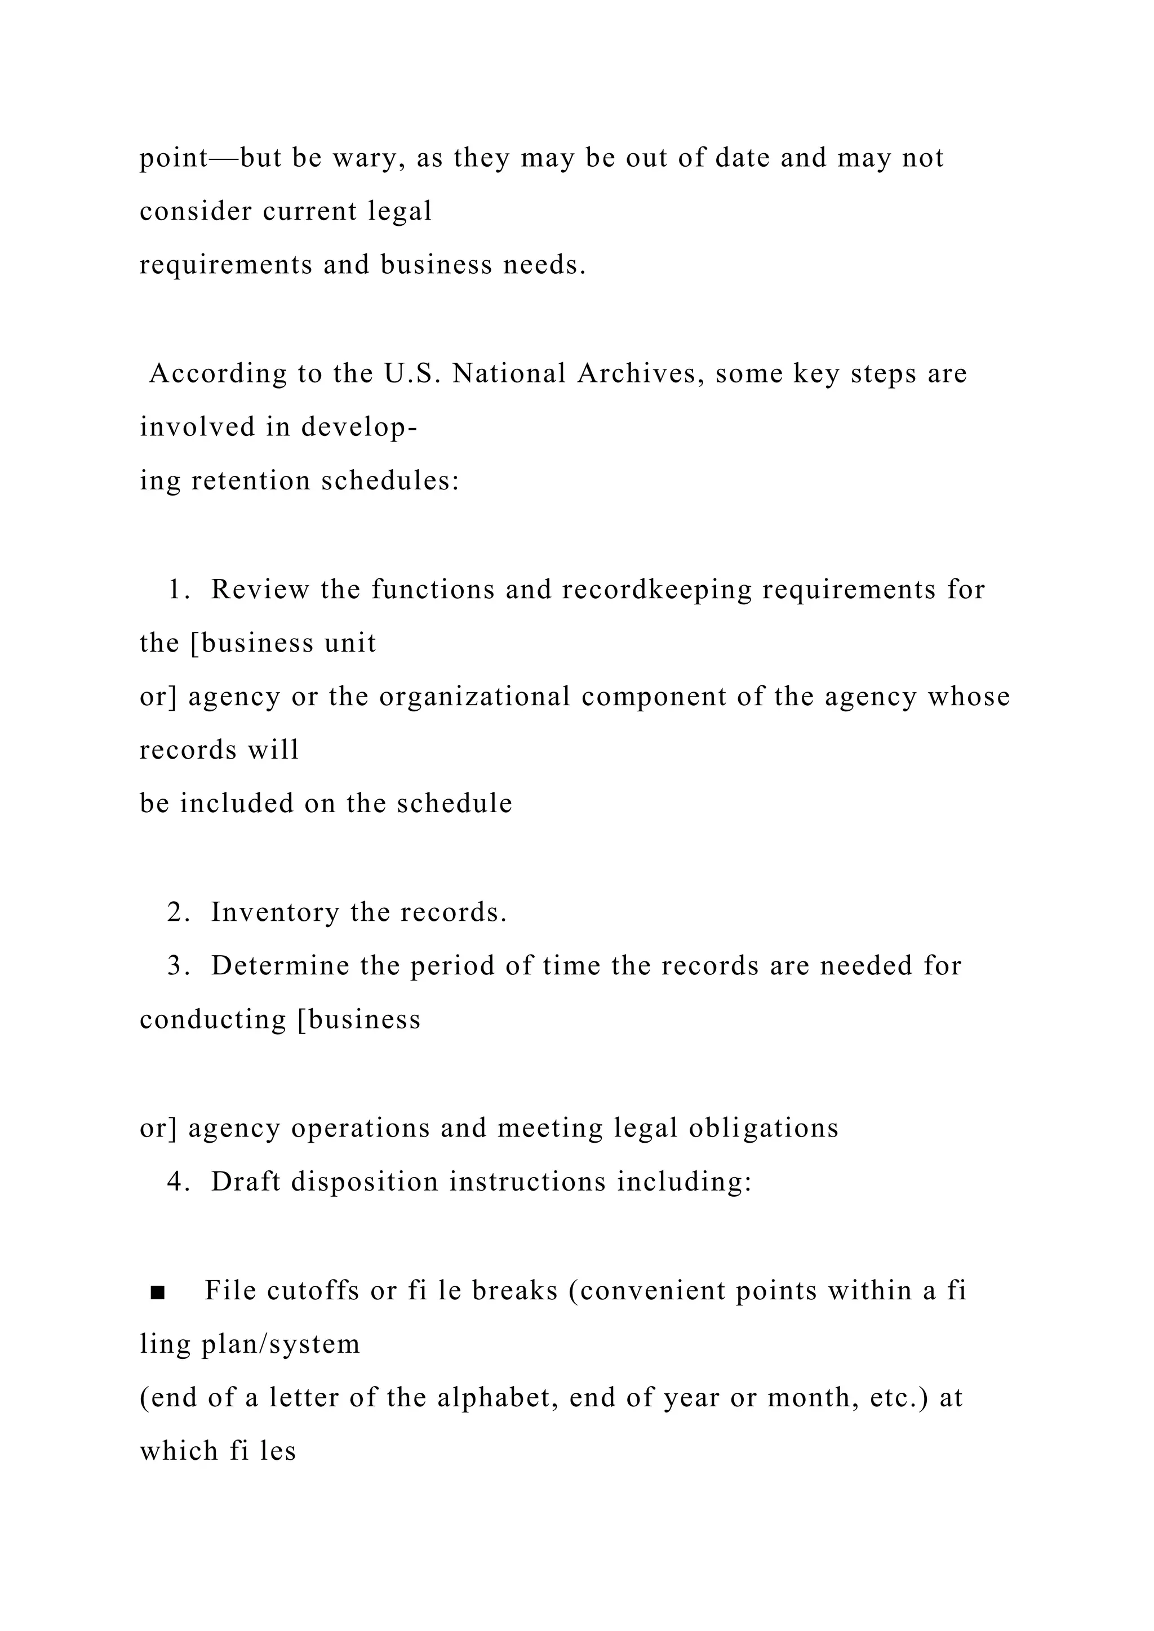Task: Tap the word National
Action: coord(509,375)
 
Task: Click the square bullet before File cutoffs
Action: coord(158,1292)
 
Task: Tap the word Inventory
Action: coord(275,913)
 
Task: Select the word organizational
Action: coord(474,698)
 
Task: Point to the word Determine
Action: coord(280,967)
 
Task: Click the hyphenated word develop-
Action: coord(359,429)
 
